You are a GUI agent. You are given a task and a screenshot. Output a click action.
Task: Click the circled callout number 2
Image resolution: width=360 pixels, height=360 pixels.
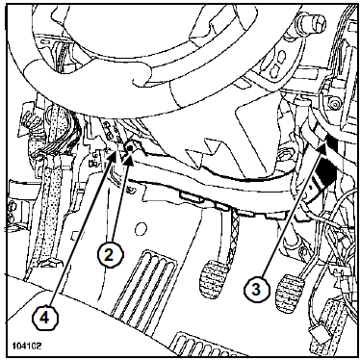coord(110,255)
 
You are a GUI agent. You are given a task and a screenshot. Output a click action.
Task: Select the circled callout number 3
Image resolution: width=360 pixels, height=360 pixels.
coord(256,290)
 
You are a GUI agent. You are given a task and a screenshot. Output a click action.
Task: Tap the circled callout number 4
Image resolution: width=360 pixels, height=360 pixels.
coord(45,318)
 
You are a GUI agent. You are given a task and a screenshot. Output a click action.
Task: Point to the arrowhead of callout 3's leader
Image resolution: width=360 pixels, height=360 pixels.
coord(321,148)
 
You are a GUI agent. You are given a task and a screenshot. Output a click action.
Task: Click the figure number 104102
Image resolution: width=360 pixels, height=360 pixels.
coord(27,347)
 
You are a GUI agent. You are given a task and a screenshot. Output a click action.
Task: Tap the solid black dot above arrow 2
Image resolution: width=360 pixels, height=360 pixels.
coord(130,148)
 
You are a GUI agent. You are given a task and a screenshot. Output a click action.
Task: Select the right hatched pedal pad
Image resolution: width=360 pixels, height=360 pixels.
coord(291,291)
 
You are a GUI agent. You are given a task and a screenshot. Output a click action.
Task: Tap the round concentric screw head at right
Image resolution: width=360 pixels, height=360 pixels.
coord(335,103)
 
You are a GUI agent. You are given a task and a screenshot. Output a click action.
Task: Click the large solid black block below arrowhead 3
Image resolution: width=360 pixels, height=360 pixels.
coord(326,171)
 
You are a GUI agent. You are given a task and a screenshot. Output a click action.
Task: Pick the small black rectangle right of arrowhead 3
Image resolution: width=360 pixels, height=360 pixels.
coord(332,142)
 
